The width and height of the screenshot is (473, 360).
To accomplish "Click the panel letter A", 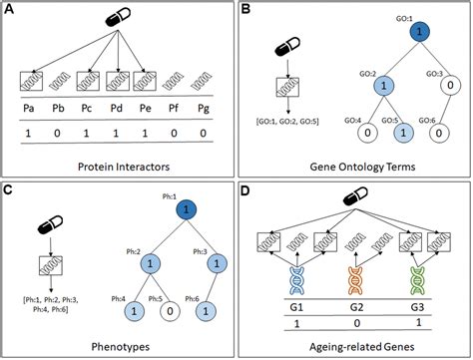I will pos(13,13).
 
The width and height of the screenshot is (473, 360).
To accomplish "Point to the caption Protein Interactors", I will pos(119,162).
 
